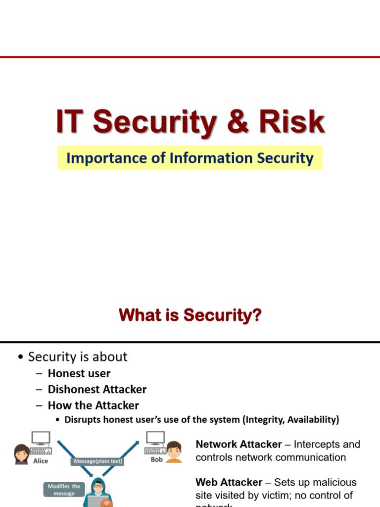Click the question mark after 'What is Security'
[x=256, y=315]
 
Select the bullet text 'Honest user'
[x=79, y=373]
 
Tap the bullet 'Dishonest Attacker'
[x=97, y=390]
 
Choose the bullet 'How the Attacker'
[x=93, y=406]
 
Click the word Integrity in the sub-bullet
[x=267, y=420]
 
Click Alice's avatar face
[x=22, y=453]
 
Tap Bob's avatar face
[x=174, y=451]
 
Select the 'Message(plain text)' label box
[x=97, y=461]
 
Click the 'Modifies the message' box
[x=64, y=490]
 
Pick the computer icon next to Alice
[x=41, y=442]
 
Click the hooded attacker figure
[x=98, y=493]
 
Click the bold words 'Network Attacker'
[x=238, y=444]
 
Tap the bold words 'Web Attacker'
[x=229, y=482]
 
